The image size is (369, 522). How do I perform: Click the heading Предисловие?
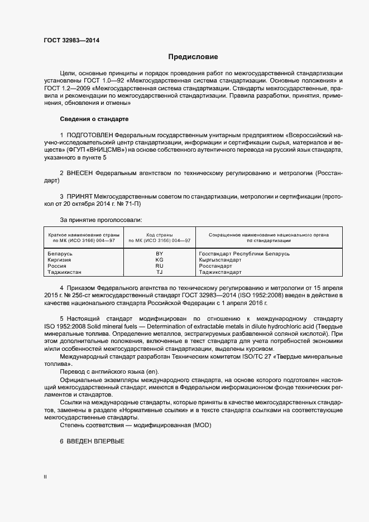[x=193, y=57]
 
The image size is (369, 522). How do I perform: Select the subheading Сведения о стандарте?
[x=94, y=119]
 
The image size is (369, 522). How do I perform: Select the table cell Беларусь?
[x=60, y=254]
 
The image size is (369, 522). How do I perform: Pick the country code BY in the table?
[x=159, y=254]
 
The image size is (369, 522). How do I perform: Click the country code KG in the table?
[x=159, y=260]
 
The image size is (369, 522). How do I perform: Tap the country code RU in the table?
[x=159, y=266]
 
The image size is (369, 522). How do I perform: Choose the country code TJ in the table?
[x=159, y=272]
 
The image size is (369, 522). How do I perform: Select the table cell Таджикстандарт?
[x=220, y=272]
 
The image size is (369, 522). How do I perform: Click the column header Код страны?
[x=159, y=235]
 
